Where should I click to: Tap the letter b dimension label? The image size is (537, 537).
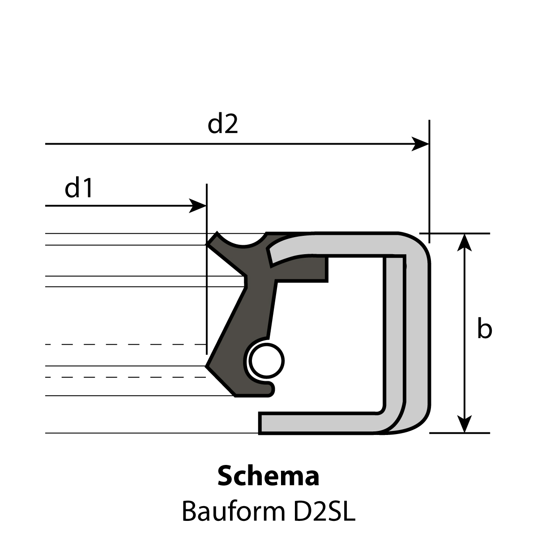pos(485,328)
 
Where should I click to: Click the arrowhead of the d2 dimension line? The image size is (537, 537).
pos(420,144)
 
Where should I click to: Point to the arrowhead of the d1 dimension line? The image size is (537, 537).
pos(198,206)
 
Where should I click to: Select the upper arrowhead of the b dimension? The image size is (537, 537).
pos(464,243)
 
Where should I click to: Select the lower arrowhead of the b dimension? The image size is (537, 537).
pos(464,424)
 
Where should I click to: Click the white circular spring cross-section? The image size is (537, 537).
pos(266,361)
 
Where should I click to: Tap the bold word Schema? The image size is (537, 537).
pos(268,476)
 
